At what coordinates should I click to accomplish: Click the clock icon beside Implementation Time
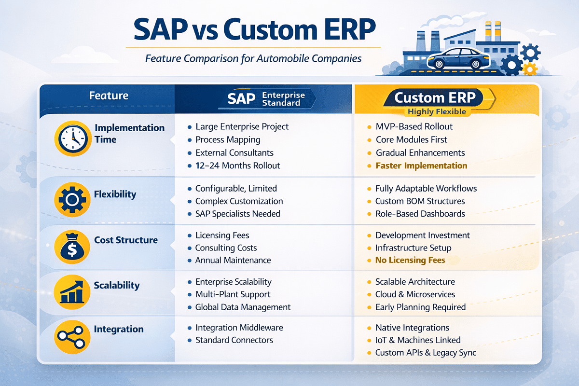coord(73,138)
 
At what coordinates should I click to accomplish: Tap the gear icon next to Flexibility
coord(72,199)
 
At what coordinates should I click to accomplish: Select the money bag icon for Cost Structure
coord(72,247)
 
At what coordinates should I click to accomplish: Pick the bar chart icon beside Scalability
coord(72,292)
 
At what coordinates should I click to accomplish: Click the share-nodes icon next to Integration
coord(72,337)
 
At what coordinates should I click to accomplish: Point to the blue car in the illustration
coord(458,58)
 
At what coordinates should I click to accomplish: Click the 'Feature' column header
coord(109,96)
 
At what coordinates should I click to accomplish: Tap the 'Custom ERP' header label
coord(435,97)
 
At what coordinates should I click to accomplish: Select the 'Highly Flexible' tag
coord(437,111)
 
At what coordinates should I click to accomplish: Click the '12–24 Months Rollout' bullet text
coord(237,165)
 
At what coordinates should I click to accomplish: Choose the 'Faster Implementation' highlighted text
coord(421,165)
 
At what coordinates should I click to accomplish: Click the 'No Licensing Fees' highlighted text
coord(410,260)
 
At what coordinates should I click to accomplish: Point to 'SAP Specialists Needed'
coord(237,214)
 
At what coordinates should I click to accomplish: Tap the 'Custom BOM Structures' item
coord(420,201)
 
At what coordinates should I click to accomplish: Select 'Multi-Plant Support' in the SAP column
coord(233,294)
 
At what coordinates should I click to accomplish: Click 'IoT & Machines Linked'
coord(418,340)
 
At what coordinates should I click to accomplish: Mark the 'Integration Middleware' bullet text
coord(239,328)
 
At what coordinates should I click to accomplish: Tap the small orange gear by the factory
coord(530,69)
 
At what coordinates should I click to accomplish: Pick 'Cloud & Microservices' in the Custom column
coord(415,294)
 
